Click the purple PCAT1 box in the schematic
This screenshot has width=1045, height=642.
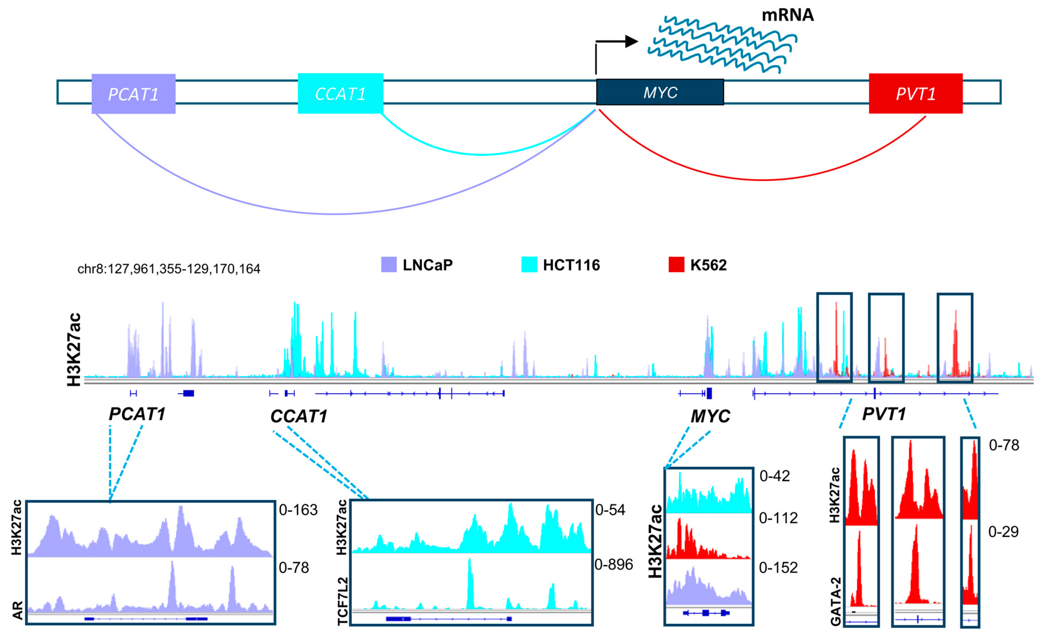click(x=133, y=94)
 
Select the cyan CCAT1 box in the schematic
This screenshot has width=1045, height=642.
click(x=340, y=94)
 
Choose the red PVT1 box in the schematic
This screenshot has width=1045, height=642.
click(x=915, y=94)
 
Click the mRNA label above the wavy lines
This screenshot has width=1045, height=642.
click(x=787, y=15)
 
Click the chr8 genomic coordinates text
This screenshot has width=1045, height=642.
click(x=169, y=269)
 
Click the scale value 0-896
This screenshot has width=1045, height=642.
click(x=614, y=564)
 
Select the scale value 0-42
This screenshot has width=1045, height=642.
click(x=774, y=476)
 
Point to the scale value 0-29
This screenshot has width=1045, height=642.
click(x=1003, y=532)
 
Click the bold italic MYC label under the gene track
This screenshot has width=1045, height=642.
click(x=710, y=416)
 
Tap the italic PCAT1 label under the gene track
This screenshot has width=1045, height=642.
click(x=137, y=414)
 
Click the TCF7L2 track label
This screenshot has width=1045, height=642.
click(x=343, y=601)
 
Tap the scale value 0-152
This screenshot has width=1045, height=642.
click(x=778, y=568)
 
